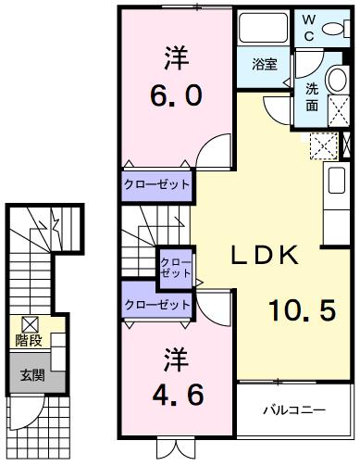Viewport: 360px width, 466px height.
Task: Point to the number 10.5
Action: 303,312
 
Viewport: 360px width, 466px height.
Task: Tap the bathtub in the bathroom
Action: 263,30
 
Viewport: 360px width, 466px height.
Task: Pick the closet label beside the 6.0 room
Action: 157,184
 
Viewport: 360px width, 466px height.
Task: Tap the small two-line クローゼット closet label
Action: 176,267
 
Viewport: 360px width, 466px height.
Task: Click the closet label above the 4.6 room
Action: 157,304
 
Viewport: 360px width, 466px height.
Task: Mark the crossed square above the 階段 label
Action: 29,323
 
